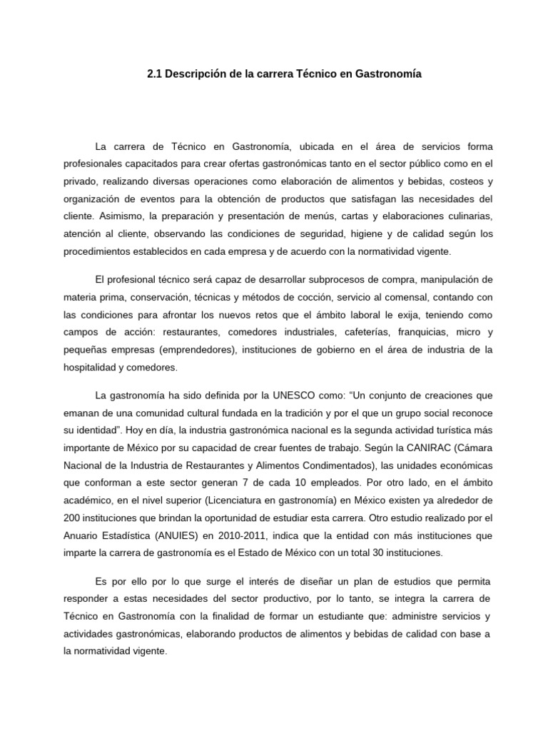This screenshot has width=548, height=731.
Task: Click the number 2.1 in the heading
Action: click(x=156, y=74)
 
